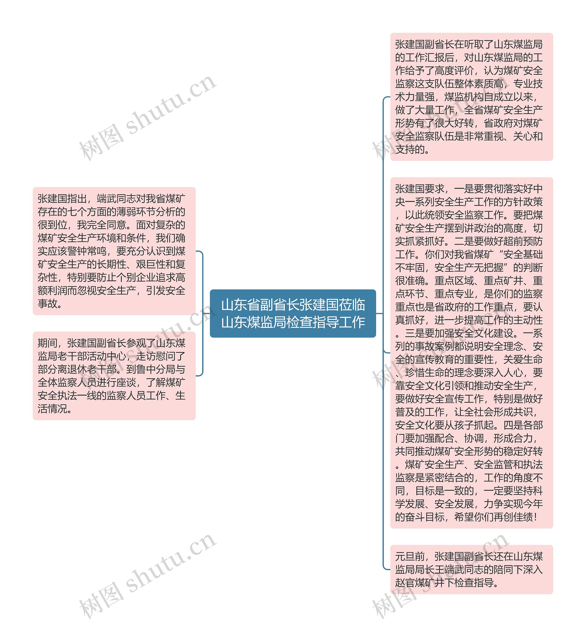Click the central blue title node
293,313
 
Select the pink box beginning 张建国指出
114,251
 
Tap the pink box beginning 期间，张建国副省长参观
114,375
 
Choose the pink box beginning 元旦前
471,569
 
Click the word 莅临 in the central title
352,305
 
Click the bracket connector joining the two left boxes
202,313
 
